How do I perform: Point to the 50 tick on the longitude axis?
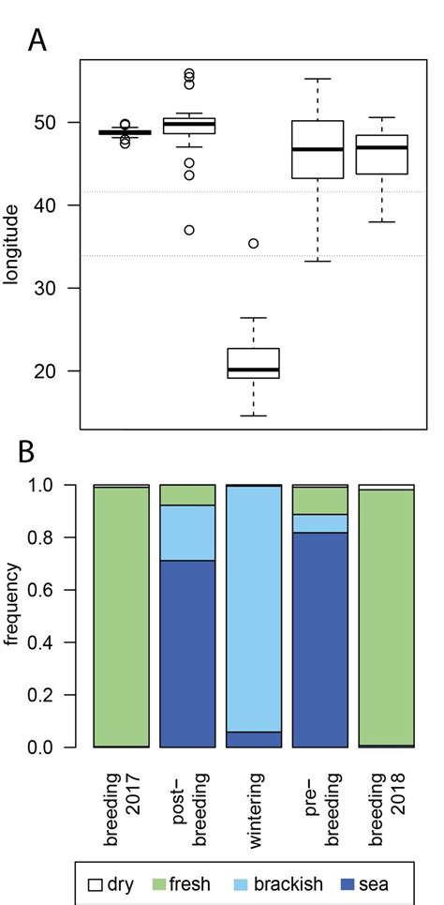(59, 122)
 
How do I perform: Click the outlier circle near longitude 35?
(253, 244)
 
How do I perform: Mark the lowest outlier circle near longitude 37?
(189, 230)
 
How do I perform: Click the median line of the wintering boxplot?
(253, 370)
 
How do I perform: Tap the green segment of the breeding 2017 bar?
(122, 616)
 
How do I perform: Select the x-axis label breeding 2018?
(385, 793)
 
